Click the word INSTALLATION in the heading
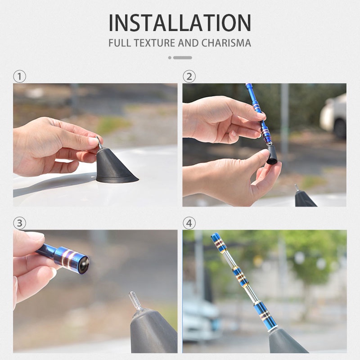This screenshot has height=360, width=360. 180,22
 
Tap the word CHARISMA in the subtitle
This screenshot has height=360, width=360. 226,43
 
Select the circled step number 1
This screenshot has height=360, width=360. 19,76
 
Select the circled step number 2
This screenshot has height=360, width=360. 189,76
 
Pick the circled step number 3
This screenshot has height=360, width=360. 19,223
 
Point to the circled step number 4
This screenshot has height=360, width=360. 189,223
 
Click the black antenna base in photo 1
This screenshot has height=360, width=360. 115,166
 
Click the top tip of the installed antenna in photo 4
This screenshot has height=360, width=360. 213,234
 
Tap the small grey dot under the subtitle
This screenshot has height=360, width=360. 170,58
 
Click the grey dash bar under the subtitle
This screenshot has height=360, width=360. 183,58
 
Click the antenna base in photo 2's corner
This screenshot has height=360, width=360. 305,198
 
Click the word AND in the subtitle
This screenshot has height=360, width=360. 188,43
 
